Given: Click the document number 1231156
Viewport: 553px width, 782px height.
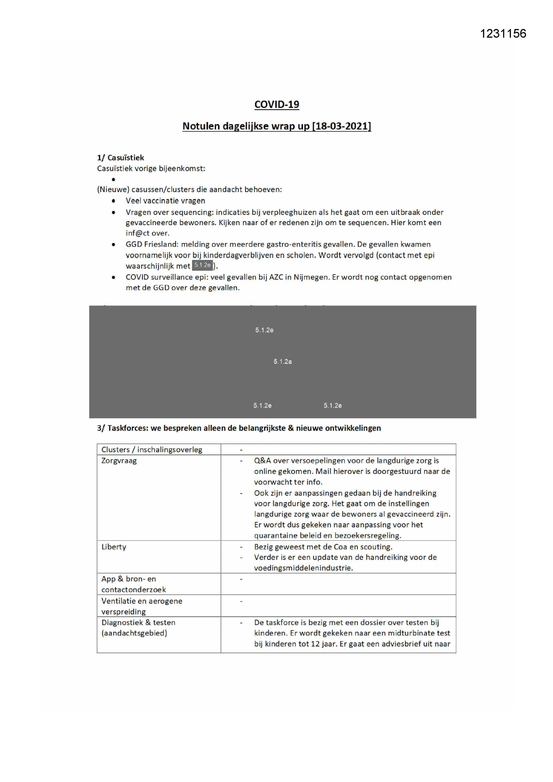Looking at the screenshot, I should (503, 33).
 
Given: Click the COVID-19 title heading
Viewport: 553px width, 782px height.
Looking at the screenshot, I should (277, 104).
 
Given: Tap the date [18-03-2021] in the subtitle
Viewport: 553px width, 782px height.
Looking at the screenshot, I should (342, 126).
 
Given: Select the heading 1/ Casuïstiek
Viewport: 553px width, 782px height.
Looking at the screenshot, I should (120, 157).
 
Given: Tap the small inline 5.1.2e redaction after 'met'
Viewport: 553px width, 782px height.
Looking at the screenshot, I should (202, 265).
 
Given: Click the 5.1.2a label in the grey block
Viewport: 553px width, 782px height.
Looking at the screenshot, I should (283, 362).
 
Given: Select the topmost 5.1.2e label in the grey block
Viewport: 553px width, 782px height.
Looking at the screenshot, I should (264, 330).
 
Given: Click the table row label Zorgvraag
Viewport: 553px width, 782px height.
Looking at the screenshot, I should (119, 461).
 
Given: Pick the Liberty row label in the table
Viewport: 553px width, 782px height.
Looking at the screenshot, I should (114, 547).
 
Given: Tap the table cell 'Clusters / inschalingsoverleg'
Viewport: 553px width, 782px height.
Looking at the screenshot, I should (152, 449).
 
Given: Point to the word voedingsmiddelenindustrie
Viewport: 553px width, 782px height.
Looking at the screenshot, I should (303, 568).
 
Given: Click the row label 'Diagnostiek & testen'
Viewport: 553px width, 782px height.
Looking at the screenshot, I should (138, 622).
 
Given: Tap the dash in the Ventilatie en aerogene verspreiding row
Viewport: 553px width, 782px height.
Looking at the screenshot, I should (241, 601).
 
